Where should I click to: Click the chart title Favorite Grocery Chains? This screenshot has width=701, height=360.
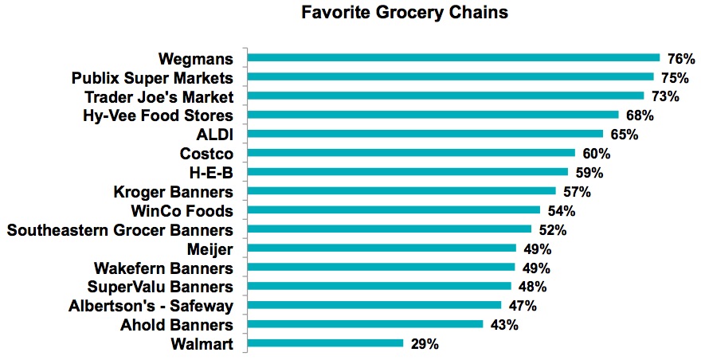tap(405, 14)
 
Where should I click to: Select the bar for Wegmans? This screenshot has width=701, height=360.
tap(453, 58)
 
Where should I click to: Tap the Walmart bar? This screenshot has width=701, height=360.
tap(325, 343)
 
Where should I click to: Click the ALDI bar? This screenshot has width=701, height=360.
tap(425, 134)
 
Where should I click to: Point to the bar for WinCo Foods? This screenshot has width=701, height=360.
tap(394, 210)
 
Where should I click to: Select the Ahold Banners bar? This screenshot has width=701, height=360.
tap(365, 324)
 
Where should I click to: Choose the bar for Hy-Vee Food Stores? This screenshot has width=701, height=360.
tap(433, 115)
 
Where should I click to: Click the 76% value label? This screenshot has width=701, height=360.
tap(682, 59)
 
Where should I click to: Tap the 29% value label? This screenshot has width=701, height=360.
tap(425, 344)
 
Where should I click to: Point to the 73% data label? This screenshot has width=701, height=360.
tap(665, 96)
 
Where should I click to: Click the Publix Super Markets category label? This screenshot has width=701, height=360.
tap(152, 78)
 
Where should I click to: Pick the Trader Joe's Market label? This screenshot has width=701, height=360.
tap(159, 97)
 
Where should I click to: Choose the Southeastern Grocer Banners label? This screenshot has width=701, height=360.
tap(119, 230)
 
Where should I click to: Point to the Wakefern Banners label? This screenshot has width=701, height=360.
tap(163, 268)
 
